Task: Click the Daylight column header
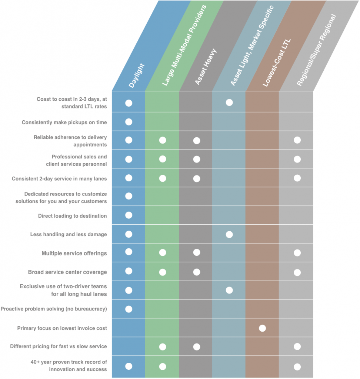coord(136,76)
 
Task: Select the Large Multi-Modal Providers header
coord(184,45)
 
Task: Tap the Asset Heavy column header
coord(206,67)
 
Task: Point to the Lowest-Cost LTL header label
coord(277,63)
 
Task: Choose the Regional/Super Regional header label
coord(316,50)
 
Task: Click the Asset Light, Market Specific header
coord(252,46)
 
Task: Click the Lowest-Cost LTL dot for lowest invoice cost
coord(262,328)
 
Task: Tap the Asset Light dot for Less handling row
coord(229,234)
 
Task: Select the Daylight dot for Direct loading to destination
coord(129,215)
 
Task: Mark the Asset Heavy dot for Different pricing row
coord(197,347)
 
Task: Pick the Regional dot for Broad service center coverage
coord(297,272)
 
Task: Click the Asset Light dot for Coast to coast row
coord(229,103)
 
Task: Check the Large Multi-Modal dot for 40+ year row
coord(163,366)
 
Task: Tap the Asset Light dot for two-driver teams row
coord(229,290)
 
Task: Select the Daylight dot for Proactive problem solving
coord(129,309)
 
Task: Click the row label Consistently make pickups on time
coord(64,122)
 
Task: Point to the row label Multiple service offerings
coord(74,253)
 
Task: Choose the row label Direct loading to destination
coord(72,216)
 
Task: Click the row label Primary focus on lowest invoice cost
coord(62,328)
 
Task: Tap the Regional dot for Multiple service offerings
coord(297,253)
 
